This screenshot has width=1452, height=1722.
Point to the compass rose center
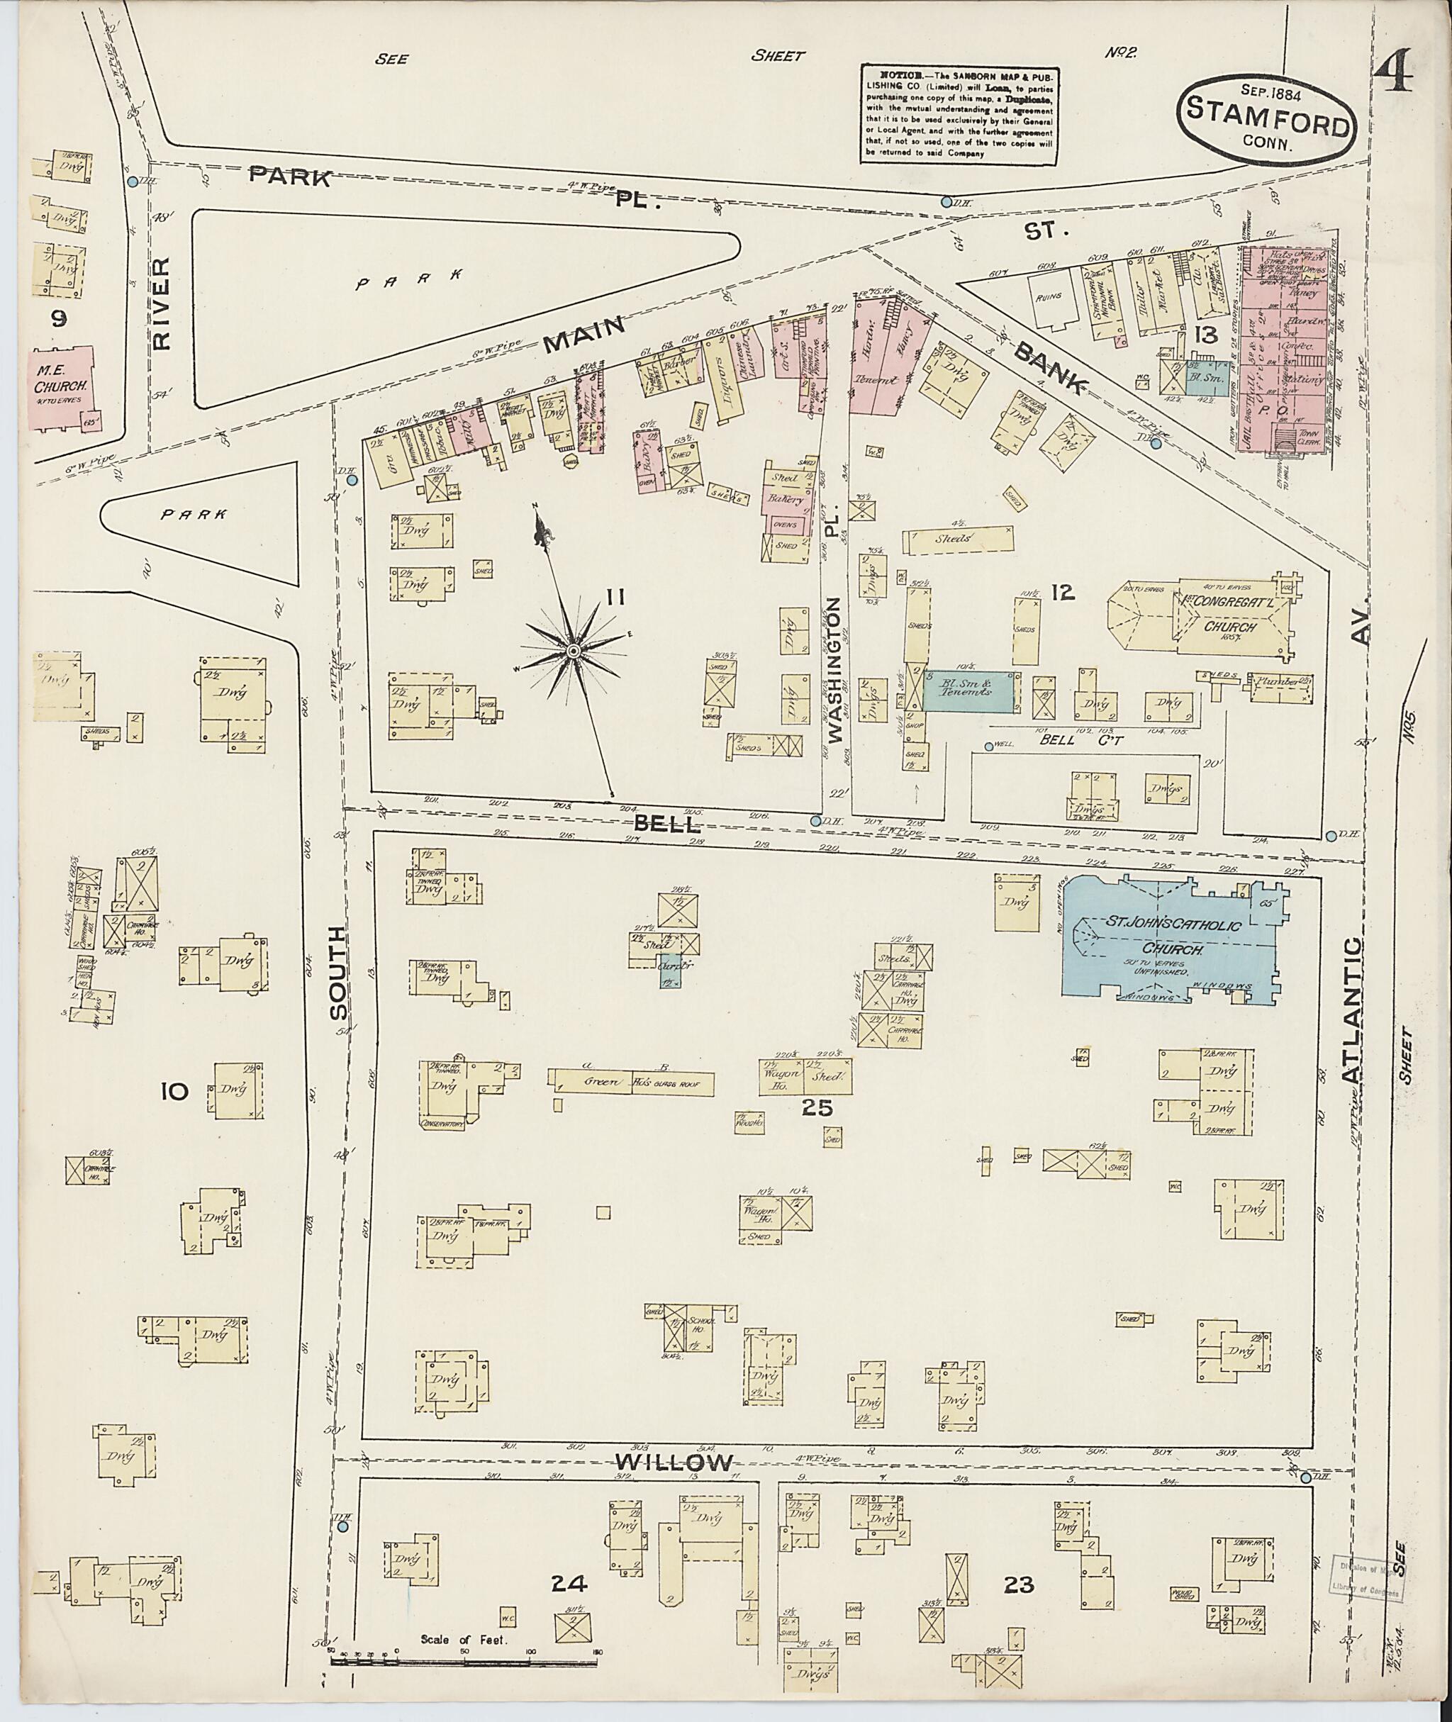click(x=571, y=651)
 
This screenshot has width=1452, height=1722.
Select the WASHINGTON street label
click(x=837, y=671)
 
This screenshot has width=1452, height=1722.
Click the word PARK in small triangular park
click(x=194, y=515)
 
